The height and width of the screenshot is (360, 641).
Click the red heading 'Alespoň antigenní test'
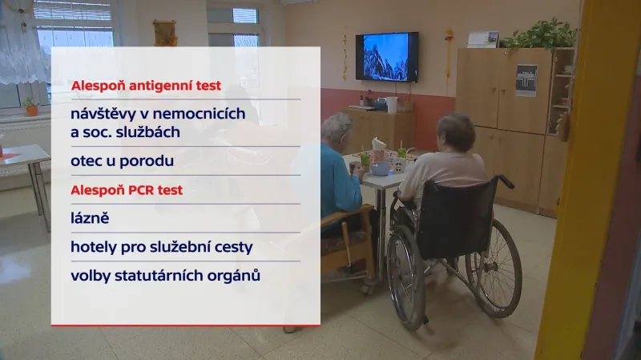click(x=146, y=85)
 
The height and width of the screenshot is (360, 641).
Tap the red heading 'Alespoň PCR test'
click(x=127, y=190)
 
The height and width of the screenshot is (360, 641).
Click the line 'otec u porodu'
click(x=122, y=160)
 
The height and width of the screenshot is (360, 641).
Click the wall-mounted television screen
click(x=386, y=56)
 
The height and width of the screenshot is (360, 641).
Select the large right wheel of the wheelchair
click(x=493, y=268)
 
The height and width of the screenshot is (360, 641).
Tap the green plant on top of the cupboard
click(x=544, y=34)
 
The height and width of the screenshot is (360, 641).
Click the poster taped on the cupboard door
click(x=526, y=80)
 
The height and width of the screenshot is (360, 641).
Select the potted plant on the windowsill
click(x=30, y=107)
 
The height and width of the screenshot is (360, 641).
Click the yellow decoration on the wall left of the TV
click(x=345, y=56)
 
